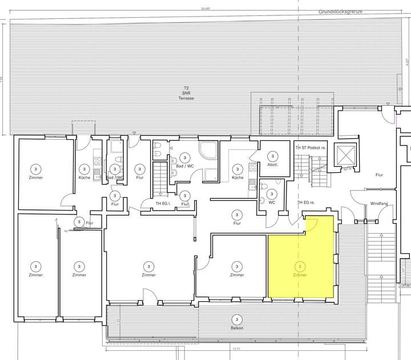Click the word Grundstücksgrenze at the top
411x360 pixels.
click(x=340, y=11)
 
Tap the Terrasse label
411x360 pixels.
click(x=186, y=98)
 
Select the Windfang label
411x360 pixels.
click(x=380, y=203)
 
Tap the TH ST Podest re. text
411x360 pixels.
click(x=311, y=147)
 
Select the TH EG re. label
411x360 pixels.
click(x=306, y=203)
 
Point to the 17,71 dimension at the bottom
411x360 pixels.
click(x=235, y=349)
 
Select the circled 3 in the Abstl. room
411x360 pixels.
click(x=272, y=156)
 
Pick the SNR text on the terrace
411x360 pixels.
click(x=186, y=93)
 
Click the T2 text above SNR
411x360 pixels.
click(x=186, y=88)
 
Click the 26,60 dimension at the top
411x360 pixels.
click(x=205, y=8)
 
